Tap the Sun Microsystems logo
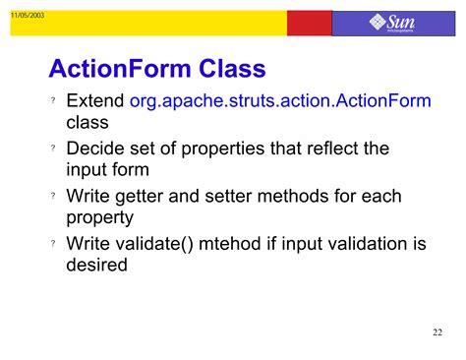click(x=393, y=23)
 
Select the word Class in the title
click(x=233, y=69)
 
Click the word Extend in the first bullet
click(x=95, y=101)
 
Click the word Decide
click(x=96, y=149)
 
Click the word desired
click(x=96, y=266)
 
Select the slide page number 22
click(x=437, y=332)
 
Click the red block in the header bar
click(x=311, y=23)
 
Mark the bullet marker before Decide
click(x=53, y=150)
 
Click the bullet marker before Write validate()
click(x=53, y=245)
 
